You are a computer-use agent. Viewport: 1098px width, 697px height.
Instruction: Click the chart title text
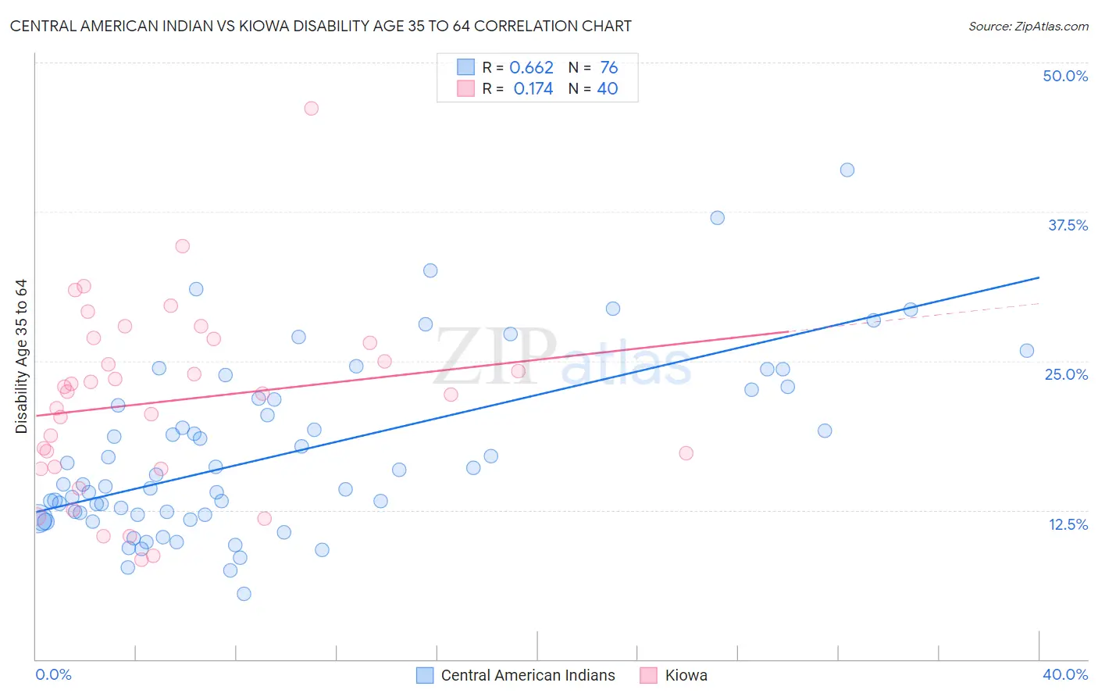point(320,26)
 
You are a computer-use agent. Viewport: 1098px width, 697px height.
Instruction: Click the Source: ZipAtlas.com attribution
point(1028,26)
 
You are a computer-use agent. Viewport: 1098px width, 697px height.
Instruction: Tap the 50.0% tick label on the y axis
point(1065,76)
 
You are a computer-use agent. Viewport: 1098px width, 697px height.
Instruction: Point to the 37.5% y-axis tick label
point(1068,225)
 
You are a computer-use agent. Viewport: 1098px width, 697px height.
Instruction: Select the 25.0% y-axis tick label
point(1066,374)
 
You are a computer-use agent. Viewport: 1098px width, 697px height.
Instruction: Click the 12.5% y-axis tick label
point(1068,524)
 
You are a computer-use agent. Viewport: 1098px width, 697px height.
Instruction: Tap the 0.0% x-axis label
point(53,674)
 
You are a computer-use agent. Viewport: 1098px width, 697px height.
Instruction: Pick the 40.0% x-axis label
point(1064,674)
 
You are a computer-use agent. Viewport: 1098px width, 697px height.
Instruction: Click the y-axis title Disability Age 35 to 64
point(21,356)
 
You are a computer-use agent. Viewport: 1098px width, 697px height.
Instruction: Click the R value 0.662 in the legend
point(531,68)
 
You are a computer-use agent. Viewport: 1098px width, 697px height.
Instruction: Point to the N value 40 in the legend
point(607,89)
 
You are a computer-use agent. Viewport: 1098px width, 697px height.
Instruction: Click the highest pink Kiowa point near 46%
point(311,109)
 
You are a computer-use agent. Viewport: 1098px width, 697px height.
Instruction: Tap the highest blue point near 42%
point(847,170)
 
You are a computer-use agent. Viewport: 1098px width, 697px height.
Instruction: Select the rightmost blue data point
point(1026,351)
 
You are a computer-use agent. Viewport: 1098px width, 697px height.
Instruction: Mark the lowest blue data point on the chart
point(244,594)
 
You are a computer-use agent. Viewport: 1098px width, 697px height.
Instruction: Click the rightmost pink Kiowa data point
point(686,453)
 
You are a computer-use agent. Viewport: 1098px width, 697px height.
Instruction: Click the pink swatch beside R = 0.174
point(465,89)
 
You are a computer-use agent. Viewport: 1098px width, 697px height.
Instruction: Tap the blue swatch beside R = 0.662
point(465,68)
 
